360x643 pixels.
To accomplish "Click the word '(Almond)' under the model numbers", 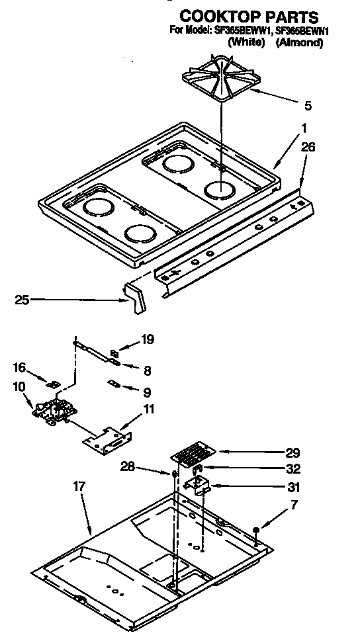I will point(299,42).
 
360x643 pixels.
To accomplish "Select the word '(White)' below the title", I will point(246,42).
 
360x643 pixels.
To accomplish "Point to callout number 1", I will point(304,128).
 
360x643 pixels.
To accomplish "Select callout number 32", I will point(293,469).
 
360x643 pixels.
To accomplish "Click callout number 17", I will point(79,486).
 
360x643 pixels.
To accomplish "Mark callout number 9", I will point(146,392).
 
